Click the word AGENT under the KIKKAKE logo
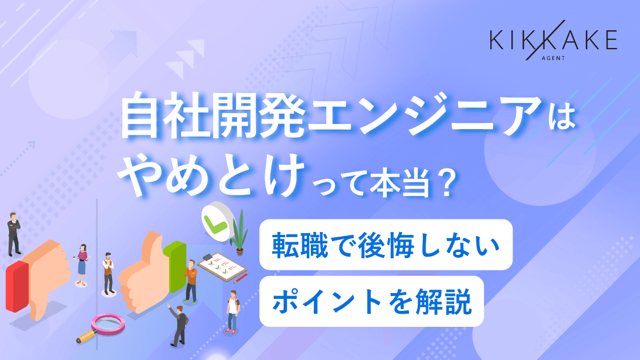[553, 57]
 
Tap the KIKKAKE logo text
[553, 41]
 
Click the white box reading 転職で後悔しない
[386, 245]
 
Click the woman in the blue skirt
[82, 264]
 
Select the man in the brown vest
[107, 273]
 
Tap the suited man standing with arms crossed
[14, 234]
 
